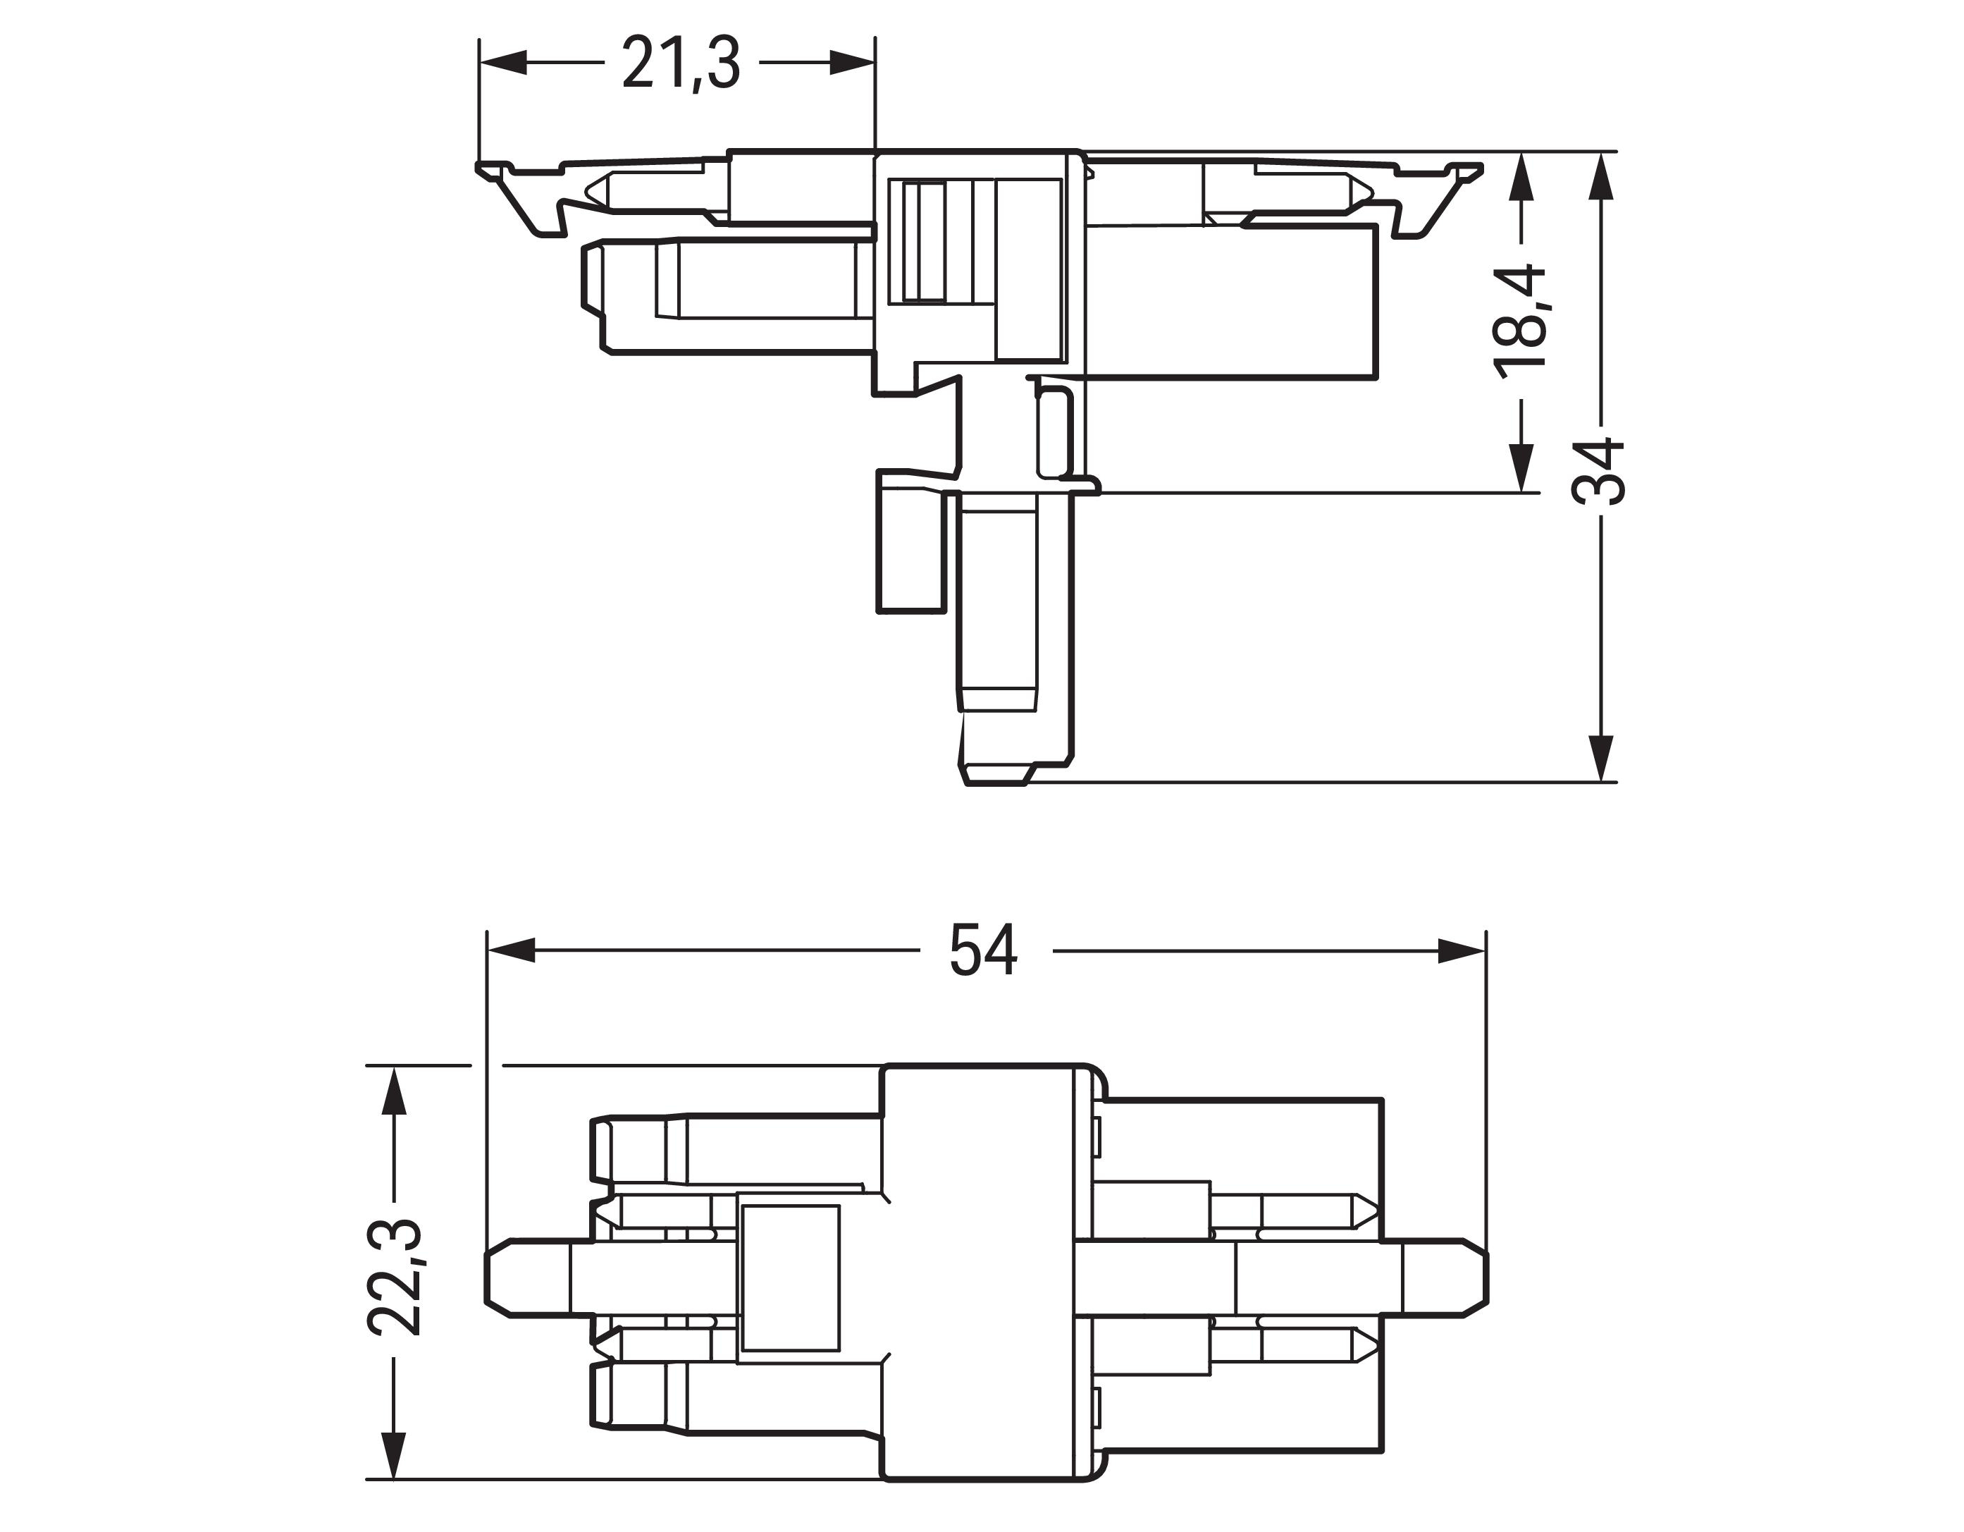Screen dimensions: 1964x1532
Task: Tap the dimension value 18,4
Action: click(1520, 321)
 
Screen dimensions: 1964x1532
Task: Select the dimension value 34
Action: click(1599, 472)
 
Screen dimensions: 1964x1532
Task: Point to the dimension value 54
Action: click(983, 951)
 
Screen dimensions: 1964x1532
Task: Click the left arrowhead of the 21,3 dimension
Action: click(502, 63)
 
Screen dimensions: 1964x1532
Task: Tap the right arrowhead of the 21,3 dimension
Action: click(851, 63)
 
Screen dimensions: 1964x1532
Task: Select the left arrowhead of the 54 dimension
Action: click(511, 951)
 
